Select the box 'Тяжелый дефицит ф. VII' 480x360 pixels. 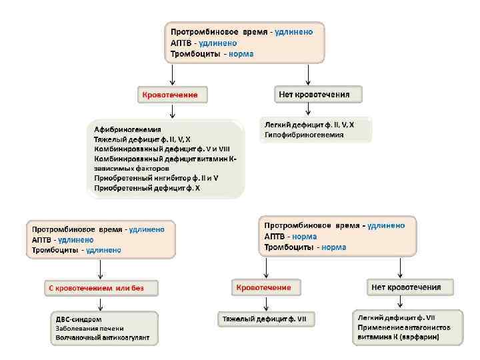point(265,319)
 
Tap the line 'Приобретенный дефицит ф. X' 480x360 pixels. point(147,189)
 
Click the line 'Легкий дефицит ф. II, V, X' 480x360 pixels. point(309,125)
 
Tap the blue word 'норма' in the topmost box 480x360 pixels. point(241,53)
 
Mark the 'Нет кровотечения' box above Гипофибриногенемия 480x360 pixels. point(319,94)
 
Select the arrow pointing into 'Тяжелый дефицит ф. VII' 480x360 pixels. point(265,303)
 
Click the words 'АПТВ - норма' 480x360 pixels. point(290,236)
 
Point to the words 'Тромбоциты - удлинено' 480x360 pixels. point(77,250)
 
